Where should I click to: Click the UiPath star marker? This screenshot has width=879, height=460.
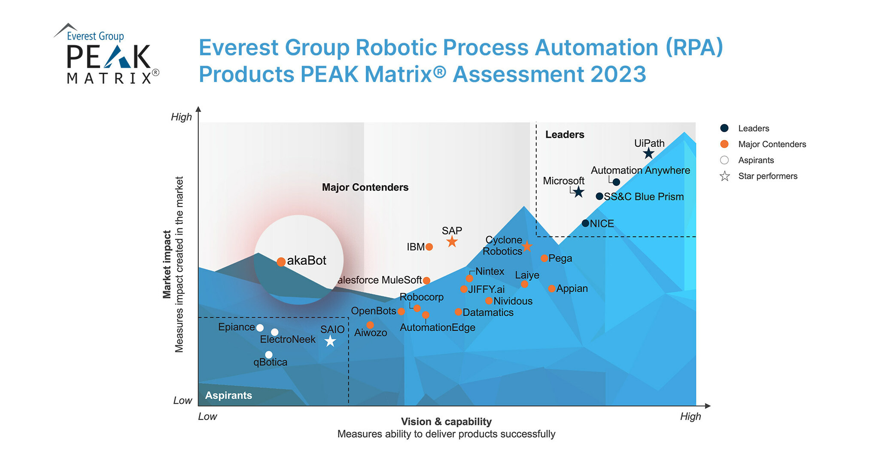pos(648,154)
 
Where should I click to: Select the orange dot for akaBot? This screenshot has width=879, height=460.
pos(281,262)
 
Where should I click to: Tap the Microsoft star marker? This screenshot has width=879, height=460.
pos(578,192)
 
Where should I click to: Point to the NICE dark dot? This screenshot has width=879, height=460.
pos(585,223)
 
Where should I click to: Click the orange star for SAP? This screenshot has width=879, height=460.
pos(452,242)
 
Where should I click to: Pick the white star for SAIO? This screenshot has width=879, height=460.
pos(330,342)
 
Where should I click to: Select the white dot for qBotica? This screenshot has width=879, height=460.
pos(269,354)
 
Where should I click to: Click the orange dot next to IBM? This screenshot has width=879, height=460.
pos(429,247)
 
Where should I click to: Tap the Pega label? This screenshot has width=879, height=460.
pos(560,258)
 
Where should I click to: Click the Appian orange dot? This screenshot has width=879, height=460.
pos(552,289)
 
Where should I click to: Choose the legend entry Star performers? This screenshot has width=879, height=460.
pos(767,176)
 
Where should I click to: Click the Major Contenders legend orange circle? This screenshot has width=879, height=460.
pos(724,144)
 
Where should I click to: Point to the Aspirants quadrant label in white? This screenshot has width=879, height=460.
pos(228,395)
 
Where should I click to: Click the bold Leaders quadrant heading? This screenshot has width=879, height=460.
pos(565,135)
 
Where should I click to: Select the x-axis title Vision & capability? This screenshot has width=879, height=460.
pos(446,421)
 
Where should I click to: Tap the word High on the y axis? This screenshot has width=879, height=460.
pos(181,117)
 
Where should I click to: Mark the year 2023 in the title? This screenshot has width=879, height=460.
pos(618,74)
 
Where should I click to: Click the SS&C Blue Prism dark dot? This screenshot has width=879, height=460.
pos(599,196)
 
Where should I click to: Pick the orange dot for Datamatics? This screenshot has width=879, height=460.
pos(458,312)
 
